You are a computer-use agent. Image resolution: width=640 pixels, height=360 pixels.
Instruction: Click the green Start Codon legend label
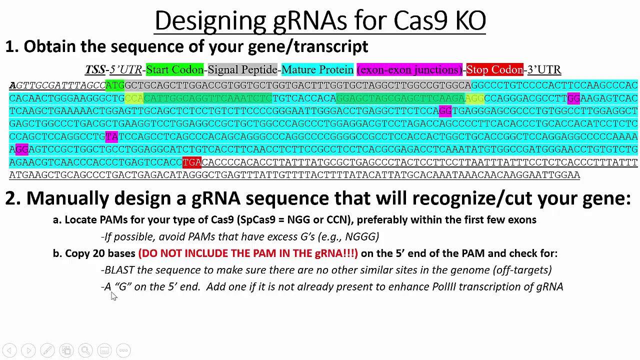coord(174,69)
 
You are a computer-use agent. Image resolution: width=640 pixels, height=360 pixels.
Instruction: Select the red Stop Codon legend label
coord(494,69)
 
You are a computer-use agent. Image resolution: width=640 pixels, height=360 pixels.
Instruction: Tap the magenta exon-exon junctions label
coord(409,69)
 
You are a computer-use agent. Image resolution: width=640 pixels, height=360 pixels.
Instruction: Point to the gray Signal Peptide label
coord(242,69)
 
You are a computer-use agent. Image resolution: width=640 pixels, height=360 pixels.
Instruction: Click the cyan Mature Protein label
coord(317,69)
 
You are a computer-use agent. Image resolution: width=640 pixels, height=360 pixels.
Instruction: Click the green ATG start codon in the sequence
coord(114,85)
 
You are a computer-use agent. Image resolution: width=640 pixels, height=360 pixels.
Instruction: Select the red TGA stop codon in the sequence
coord(191,162)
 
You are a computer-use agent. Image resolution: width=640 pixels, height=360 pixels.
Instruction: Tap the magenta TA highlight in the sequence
coord(111,136)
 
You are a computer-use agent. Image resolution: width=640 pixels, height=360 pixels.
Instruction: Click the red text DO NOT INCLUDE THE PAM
coord(248,253)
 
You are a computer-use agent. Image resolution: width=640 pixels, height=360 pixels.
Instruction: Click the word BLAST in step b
coord(119,270)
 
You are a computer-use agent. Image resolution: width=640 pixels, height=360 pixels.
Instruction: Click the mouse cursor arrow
coord(113,296)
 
